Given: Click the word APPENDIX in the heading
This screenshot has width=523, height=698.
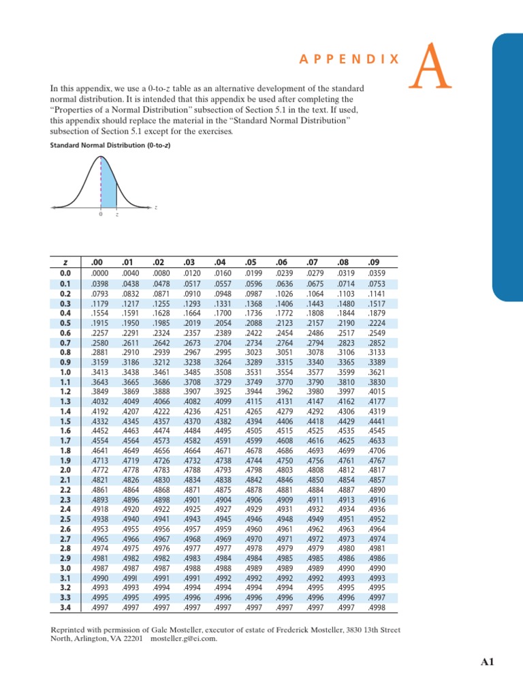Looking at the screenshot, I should point(349,60).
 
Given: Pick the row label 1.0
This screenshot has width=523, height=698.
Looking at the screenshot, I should point(65,373).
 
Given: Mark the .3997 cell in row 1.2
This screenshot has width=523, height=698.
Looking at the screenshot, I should point(345,392).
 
